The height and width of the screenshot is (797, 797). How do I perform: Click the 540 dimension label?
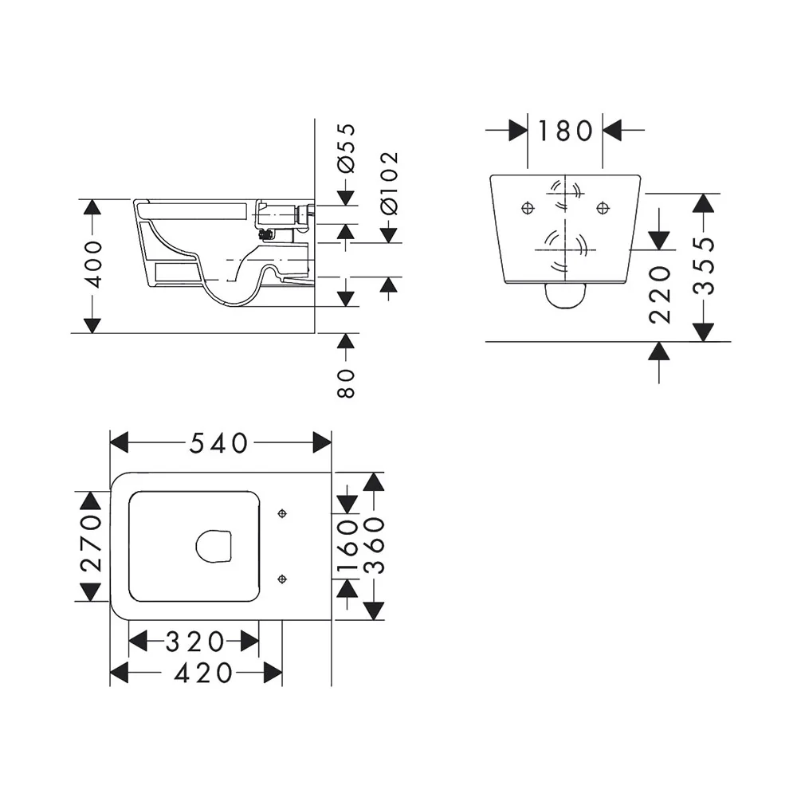(x=218, y=443)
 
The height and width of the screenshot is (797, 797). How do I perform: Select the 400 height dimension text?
(x=92, y=265)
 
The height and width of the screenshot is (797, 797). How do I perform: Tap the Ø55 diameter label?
(x=346, y=148)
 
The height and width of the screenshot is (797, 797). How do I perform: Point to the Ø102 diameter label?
(x=389, y=183)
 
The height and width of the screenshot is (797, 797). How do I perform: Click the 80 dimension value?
(x=346, y=383)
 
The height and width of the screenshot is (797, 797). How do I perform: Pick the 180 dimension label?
(x=565, y=131)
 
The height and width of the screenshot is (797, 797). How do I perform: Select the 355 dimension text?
(x=704, y=266)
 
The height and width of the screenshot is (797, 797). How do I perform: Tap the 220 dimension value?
(x=660, y=295)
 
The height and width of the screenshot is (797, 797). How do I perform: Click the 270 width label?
(x=92, y=543)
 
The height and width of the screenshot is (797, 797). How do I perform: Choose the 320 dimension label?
(x=194, y=642)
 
